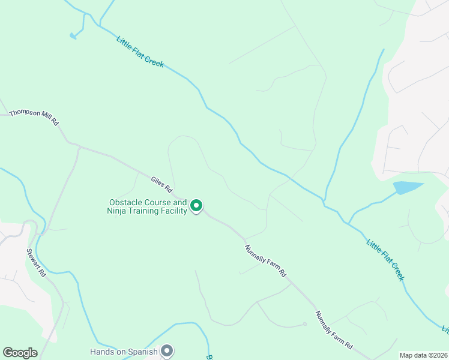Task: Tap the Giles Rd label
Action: click(x=162, y=179)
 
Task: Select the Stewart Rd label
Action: click(x=36, y=262)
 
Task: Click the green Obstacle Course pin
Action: click(x=196, y=206)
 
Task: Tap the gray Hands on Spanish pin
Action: click(x=167, y=350)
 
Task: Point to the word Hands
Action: click(x=102, y=352)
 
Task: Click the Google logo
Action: click(x=20, y=353)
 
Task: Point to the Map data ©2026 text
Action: click(x=423, y=355)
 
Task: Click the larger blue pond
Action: click(x=408, y=188)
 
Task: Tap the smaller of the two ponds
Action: click(x=73, y=36)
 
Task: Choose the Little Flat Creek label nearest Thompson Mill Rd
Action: click(x=140, y=52)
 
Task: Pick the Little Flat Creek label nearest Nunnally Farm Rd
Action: click(x=385, y=260)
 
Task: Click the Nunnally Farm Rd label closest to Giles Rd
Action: click(x=265, y=260)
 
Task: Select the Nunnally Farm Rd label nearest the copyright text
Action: click(x=334, y=329)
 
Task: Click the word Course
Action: click(x=158, y=203)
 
